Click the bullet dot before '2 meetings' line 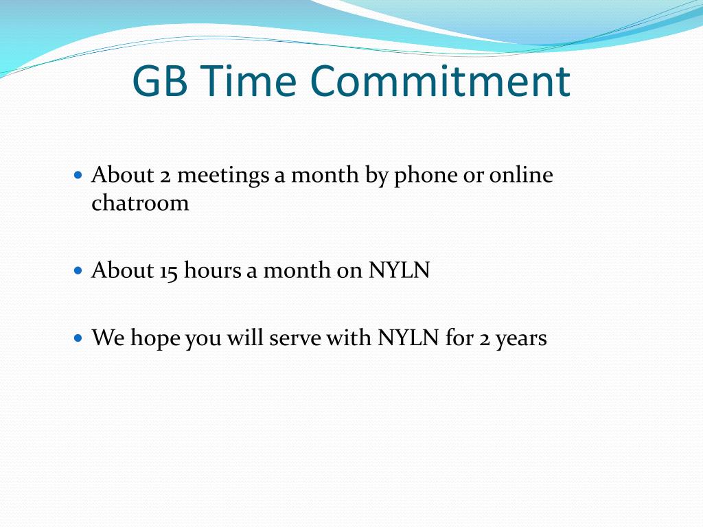tap(78, 176)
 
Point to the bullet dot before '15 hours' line tap(78, 270)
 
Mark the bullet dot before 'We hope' tap(78, 338)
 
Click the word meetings tap(223, 176)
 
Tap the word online tap(521, 175)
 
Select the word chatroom tap(140, 203)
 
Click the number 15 tap(169, 270)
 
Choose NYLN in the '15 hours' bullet tap(399, 270)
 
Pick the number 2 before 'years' tap(484, 338)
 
